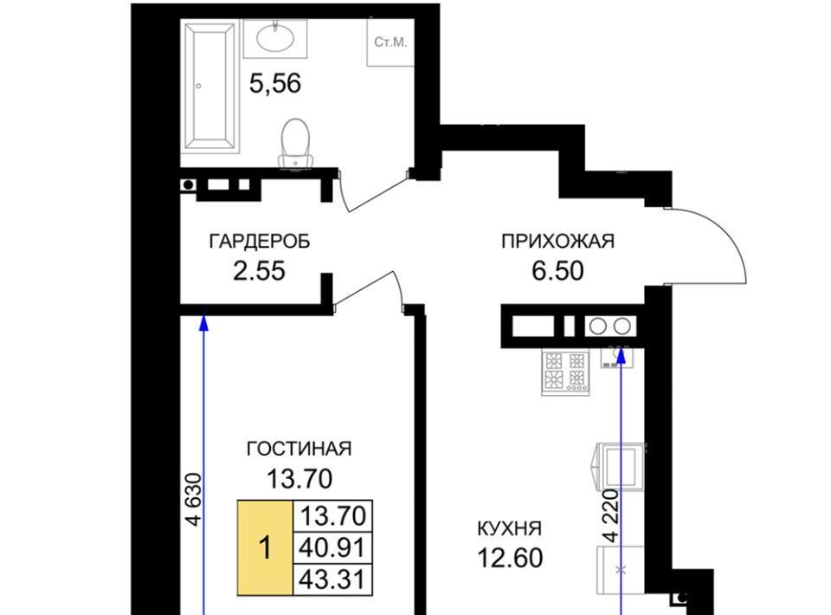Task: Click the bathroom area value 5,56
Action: click(275, 83)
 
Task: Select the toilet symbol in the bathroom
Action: click(295, 144)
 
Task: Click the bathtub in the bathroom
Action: click(210, 86)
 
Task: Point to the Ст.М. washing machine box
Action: click(390, 42)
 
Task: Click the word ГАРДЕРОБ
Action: click(260, 242)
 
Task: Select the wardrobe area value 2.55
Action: click(259, 271)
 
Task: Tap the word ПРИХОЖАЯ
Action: click(557, 241)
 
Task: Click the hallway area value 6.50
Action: click(557, 270)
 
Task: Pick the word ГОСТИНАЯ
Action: click(299, 449)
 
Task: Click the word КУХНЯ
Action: click(509, 528)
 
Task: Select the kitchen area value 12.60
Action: click(511, 558)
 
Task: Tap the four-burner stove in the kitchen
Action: click(565, 373)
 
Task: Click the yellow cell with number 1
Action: click(265, 547)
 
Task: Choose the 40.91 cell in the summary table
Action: click(332, 547)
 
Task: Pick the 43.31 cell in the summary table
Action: click(332, 579)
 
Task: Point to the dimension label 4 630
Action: click(195, 499)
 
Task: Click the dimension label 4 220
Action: click(610, 515)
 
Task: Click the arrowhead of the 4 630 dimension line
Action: click(203, 323)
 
